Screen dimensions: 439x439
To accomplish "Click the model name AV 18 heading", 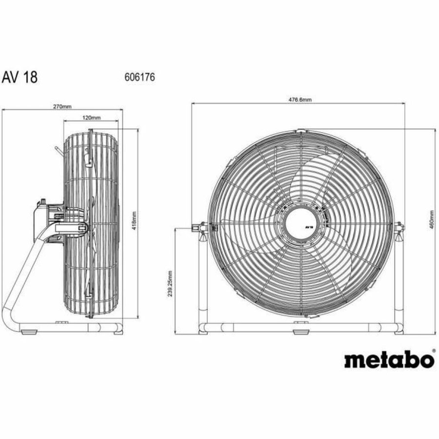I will [20, 77].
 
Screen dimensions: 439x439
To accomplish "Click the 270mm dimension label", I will [61, 106].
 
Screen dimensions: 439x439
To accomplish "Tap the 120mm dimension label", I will [91, 118].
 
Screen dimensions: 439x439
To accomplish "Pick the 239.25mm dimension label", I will [169, 284].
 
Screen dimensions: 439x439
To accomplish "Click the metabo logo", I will [388, 360].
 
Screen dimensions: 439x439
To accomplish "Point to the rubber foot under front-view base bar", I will [299, 333].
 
